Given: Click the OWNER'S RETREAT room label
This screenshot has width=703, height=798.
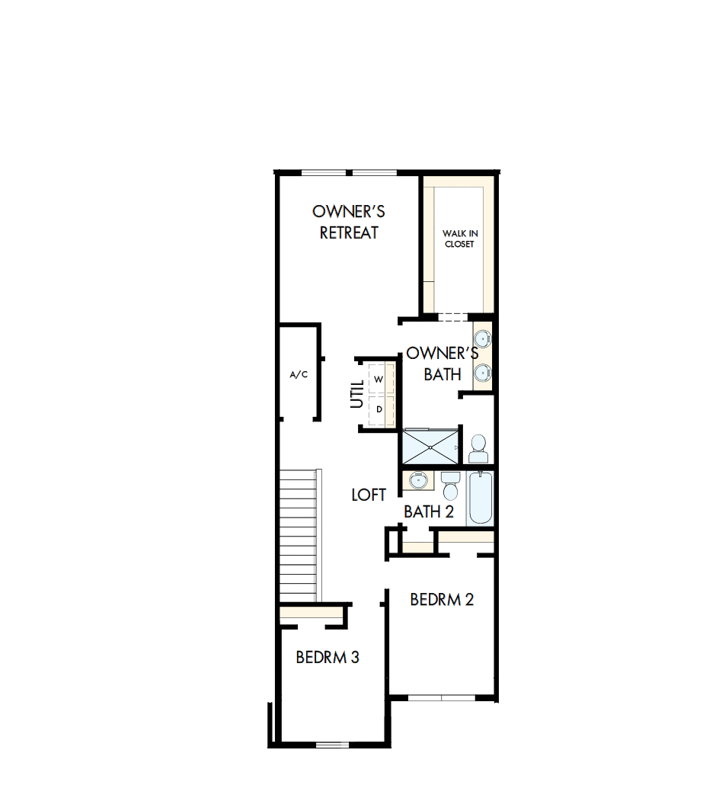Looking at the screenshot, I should [349, 222].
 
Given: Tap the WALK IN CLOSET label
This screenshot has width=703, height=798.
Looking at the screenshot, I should [460, 239].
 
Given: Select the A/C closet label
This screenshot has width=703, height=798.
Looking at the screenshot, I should [299, 375].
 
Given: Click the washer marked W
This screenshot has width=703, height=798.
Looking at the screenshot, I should [379, 378].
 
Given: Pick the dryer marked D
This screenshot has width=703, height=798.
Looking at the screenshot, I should [379, 409].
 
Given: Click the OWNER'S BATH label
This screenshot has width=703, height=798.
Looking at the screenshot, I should [443, 364].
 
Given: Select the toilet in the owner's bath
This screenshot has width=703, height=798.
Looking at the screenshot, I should [478, 449].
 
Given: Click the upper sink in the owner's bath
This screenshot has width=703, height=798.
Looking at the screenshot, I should [483, 338].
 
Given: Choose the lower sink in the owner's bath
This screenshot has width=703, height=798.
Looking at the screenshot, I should [483, 373].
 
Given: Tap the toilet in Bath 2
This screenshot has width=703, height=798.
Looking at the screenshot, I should [451, 483].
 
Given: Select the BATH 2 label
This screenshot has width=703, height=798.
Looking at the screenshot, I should [429, 511].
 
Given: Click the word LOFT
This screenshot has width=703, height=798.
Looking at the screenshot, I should [369, 495].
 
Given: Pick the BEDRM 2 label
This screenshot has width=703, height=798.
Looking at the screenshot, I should [442, 599].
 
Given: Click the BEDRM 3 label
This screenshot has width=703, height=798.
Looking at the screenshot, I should [328, 656].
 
